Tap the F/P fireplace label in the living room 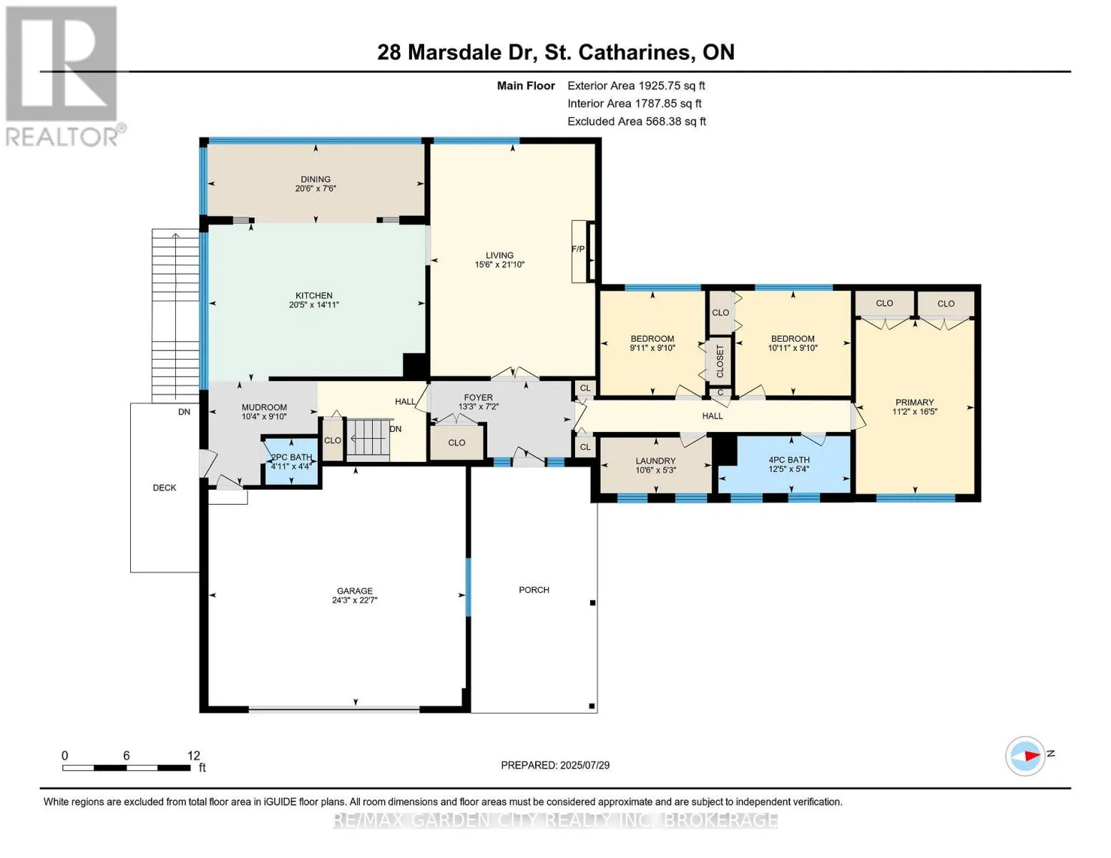[x=578, y=250]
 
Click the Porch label [x=534, y=590]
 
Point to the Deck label [x=165, y=488]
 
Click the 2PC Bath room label [x=291, y=457]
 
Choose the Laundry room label [x=655, y=461]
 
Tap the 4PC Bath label [x=788, y=460]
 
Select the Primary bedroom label [x=914, y=402]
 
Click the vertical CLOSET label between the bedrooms [x=720, y=361]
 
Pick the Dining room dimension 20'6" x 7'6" [x=315, y=189]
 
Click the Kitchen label [x=314, y=295]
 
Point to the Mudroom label [x=264, y=407]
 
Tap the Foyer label [x=478, y=398]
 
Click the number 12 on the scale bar [x=194, y=756]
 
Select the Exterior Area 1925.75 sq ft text [x=636, y=86]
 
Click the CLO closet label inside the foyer [x=456, y=443]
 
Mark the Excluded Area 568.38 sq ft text [x=636, y=122]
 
